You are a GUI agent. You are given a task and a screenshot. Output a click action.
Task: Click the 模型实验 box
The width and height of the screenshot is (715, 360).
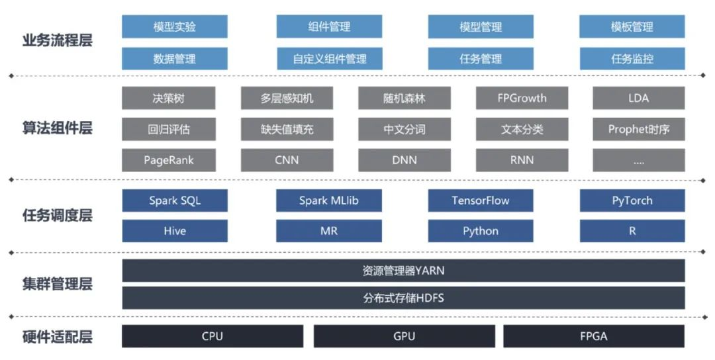pos(175,27)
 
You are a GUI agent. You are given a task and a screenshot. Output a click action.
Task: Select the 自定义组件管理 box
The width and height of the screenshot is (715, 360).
pos(329,59)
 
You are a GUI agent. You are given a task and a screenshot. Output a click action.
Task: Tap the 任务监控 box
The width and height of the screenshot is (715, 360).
pos(632,59)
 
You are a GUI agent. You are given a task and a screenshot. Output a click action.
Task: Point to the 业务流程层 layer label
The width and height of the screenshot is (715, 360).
pos(57,40)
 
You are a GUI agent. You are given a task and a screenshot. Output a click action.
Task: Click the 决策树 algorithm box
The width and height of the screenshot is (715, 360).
pos(168,99)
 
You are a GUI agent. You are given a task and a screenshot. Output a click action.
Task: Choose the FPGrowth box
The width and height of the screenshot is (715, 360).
pos(522,99)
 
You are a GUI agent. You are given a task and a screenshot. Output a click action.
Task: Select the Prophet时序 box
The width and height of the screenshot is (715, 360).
pos(638,130)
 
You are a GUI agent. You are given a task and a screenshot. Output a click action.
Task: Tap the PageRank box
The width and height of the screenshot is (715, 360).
pos(168,160)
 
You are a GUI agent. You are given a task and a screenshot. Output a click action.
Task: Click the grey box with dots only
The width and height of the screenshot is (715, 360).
pos(638,160)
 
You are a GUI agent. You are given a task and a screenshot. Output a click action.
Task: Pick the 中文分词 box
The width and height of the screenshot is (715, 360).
pos(404,130)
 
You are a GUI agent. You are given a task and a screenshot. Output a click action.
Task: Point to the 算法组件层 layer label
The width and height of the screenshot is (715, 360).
pos(57,128)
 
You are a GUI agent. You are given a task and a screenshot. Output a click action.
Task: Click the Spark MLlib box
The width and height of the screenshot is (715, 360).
pos(329,201)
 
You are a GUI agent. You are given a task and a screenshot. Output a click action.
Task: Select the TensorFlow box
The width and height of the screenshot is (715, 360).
pos(481,201)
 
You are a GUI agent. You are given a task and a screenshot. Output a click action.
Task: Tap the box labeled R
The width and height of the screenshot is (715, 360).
pos(632,231)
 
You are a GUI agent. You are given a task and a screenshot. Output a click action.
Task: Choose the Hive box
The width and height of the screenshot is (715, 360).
pos(175,231)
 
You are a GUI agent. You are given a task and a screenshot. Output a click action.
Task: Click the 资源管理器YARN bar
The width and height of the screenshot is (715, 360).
pos(403,271)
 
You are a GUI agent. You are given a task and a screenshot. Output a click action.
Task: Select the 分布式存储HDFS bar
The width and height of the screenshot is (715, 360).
pos(403,298)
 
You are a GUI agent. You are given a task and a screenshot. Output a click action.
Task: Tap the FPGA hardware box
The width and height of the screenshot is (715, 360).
pos(594,336)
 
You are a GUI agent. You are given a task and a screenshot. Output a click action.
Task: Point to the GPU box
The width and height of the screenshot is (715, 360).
pos(404,336)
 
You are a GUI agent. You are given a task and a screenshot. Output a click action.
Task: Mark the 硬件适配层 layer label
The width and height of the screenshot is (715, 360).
pos(57,337)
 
